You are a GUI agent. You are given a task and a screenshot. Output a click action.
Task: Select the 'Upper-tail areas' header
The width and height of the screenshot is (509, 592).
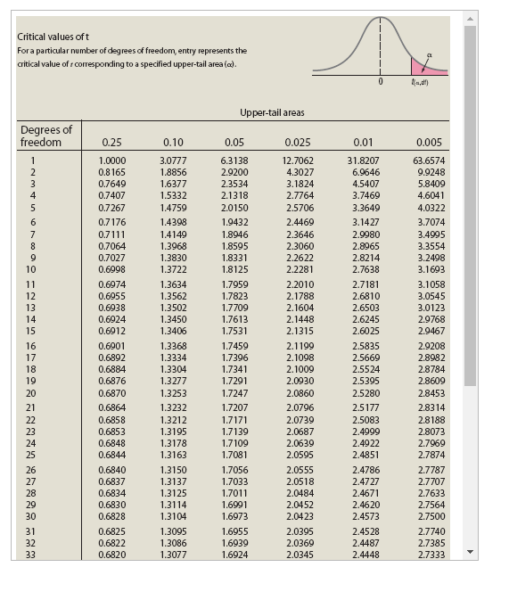(272, 112)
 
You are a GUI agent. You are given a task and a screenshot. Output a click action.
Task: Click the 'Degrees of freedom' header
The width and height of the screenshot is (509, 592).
(45, 136)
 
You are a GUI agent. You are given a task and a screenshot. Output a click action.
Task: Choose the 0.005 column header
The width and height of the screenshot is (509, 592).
(429, 142)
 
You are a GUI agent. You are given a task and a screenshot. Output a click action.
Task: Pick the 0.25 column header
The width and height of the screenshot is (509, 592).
(111, 142)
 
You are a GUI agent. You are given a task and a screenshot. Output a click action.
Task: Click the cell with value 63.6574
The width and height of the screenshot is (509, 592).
(429, 160)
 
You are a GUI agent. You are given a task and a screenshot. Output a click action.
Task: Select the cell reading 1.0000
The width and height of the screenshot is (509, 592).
(111, 160)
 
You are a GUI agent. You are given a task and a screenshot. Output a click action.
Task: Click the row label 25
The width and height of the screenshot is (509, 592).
(31, 455)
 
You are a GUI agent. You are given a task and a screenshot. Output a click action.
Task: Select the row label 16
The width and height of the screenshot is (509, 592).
(31, 345)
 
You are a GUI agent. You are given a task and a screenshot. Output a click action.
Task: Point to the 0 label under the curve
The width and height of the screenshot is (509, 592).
(381, 82)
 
